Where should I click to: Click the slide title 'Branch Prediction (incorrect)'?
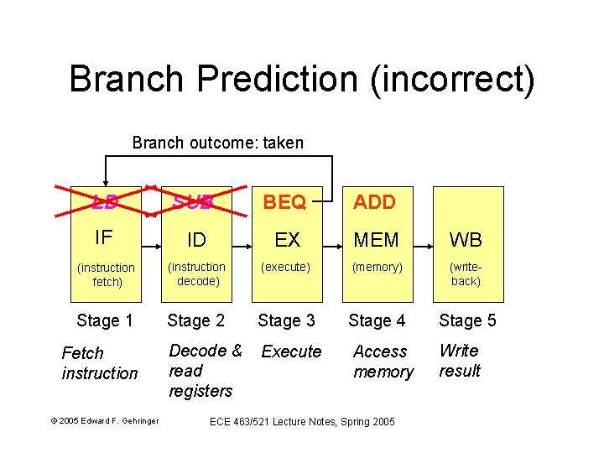(x=301, y=79)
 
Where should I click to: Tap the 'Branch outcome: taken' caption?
(x=218, y=143)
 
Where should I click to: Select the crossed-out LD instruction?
(x=106, y=202)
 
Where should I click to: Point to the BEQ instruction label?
(x=287, y=202)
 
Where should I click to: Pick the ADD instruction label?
(x=375, y=202)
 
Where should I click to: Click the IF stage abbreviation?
(x=104, y=237)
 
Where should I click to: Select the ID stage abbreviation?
(x=196, y=240)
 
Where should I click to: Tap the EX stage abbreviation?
(x=287, y=240)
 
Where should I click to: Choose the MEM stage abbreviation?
(x=377, y=240)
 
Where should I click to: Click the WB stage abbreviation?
(x=466, y=240)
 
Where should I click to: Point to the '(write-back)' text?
(x=466, y=274)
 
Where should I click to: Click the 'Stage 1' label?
(x=105, y=320)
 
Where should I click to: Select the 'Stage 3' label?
(x=286, y=320)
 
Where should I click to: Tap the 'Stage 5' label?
(x=467, y=320)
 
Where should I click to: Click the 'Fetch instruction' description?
(x=99, y=363)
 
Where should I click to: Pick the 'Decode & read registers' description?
(x=205, y=371)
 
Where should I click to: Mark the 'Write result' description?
(x=460, y=361)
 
